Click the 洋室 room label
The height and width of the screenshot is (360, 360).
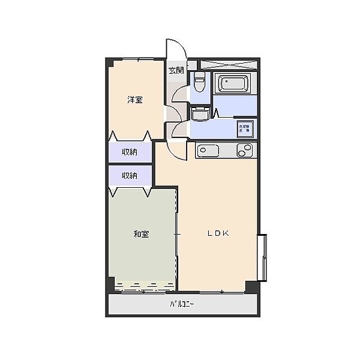[x=135, y=100]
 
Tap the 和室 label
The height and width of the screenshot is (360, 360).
[x=141, y=234]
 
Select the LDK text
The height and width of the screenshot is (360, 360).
[x=218, y=234]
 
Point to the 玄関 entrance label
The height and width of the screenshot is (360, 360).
[x=175, y=70]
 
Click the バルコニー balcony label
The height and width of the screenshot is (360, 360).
[x=182, y=304]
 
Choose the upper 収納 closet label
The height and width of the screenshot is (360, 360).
[x=130, y=152]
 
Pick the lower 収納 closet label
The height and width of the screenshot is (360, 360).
[x=130, y=176]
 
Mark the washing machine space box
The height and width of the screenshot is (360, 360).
[x=245, y=128]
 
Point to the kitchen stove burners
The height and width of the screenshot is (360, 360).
[x=245, y=151]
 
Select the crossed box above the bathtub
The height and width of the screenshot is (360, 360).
[x=229, y=64]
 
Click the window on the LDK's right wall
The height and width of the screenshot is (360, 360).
[x=262, y=257]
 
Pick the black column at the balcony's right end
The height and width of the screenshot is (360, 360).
[x=252, y=287]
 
